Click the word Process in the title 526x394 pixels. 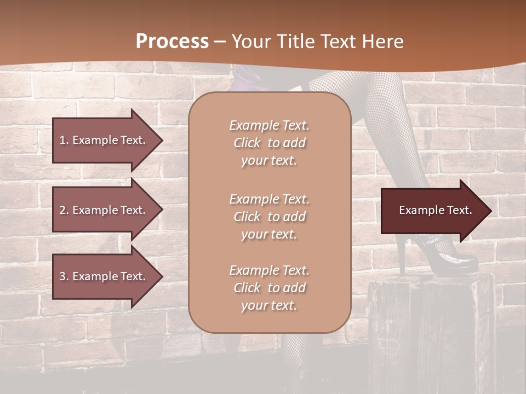tap(172, 42)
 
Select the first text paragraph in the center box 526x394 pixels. tap(269, 143)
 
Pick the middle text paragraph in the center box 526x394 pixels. tap(269, 217)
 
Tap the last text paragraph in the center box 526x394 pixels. tap(269, 288)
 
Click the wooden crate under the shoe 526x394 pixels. tap(430, 328)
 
